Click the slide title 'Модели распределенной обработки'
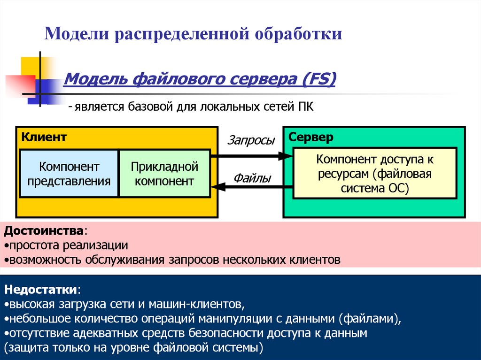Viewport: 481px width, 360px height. (x=193, y=34)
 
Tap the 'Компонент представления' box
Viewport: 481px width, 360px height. (x=69, y=174)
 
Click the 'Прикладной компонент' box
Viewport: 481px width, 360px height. (x=164, y=174)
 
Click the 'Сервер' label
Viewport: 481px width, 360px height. (x=311, y=138)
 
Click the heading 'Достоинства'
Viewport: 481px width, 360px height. (x=44, y=231)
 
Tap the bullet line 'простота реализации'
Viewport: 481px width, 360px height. (x=68, y=245)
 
